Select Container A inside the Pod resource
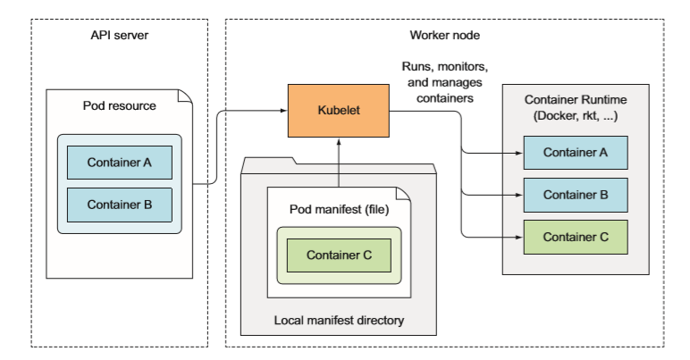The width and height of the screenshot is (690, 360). click(x=119, y=163)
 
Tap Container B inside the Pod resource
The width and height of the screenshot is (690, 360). click(x=119, y=204)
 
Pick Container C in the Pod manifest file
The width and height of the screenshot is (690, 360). click(x=338, y=255)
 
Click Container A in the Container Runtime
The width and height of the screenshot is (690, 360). click(x=576, y=152)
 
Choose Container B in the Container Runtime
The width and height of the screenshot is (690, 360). click(x=576, y=194)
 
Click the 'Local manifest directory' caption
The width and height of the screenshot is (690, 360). click(x=339, y=319)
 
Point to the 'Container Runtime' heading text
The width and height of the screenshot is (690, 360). click(x=575, y=101)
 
